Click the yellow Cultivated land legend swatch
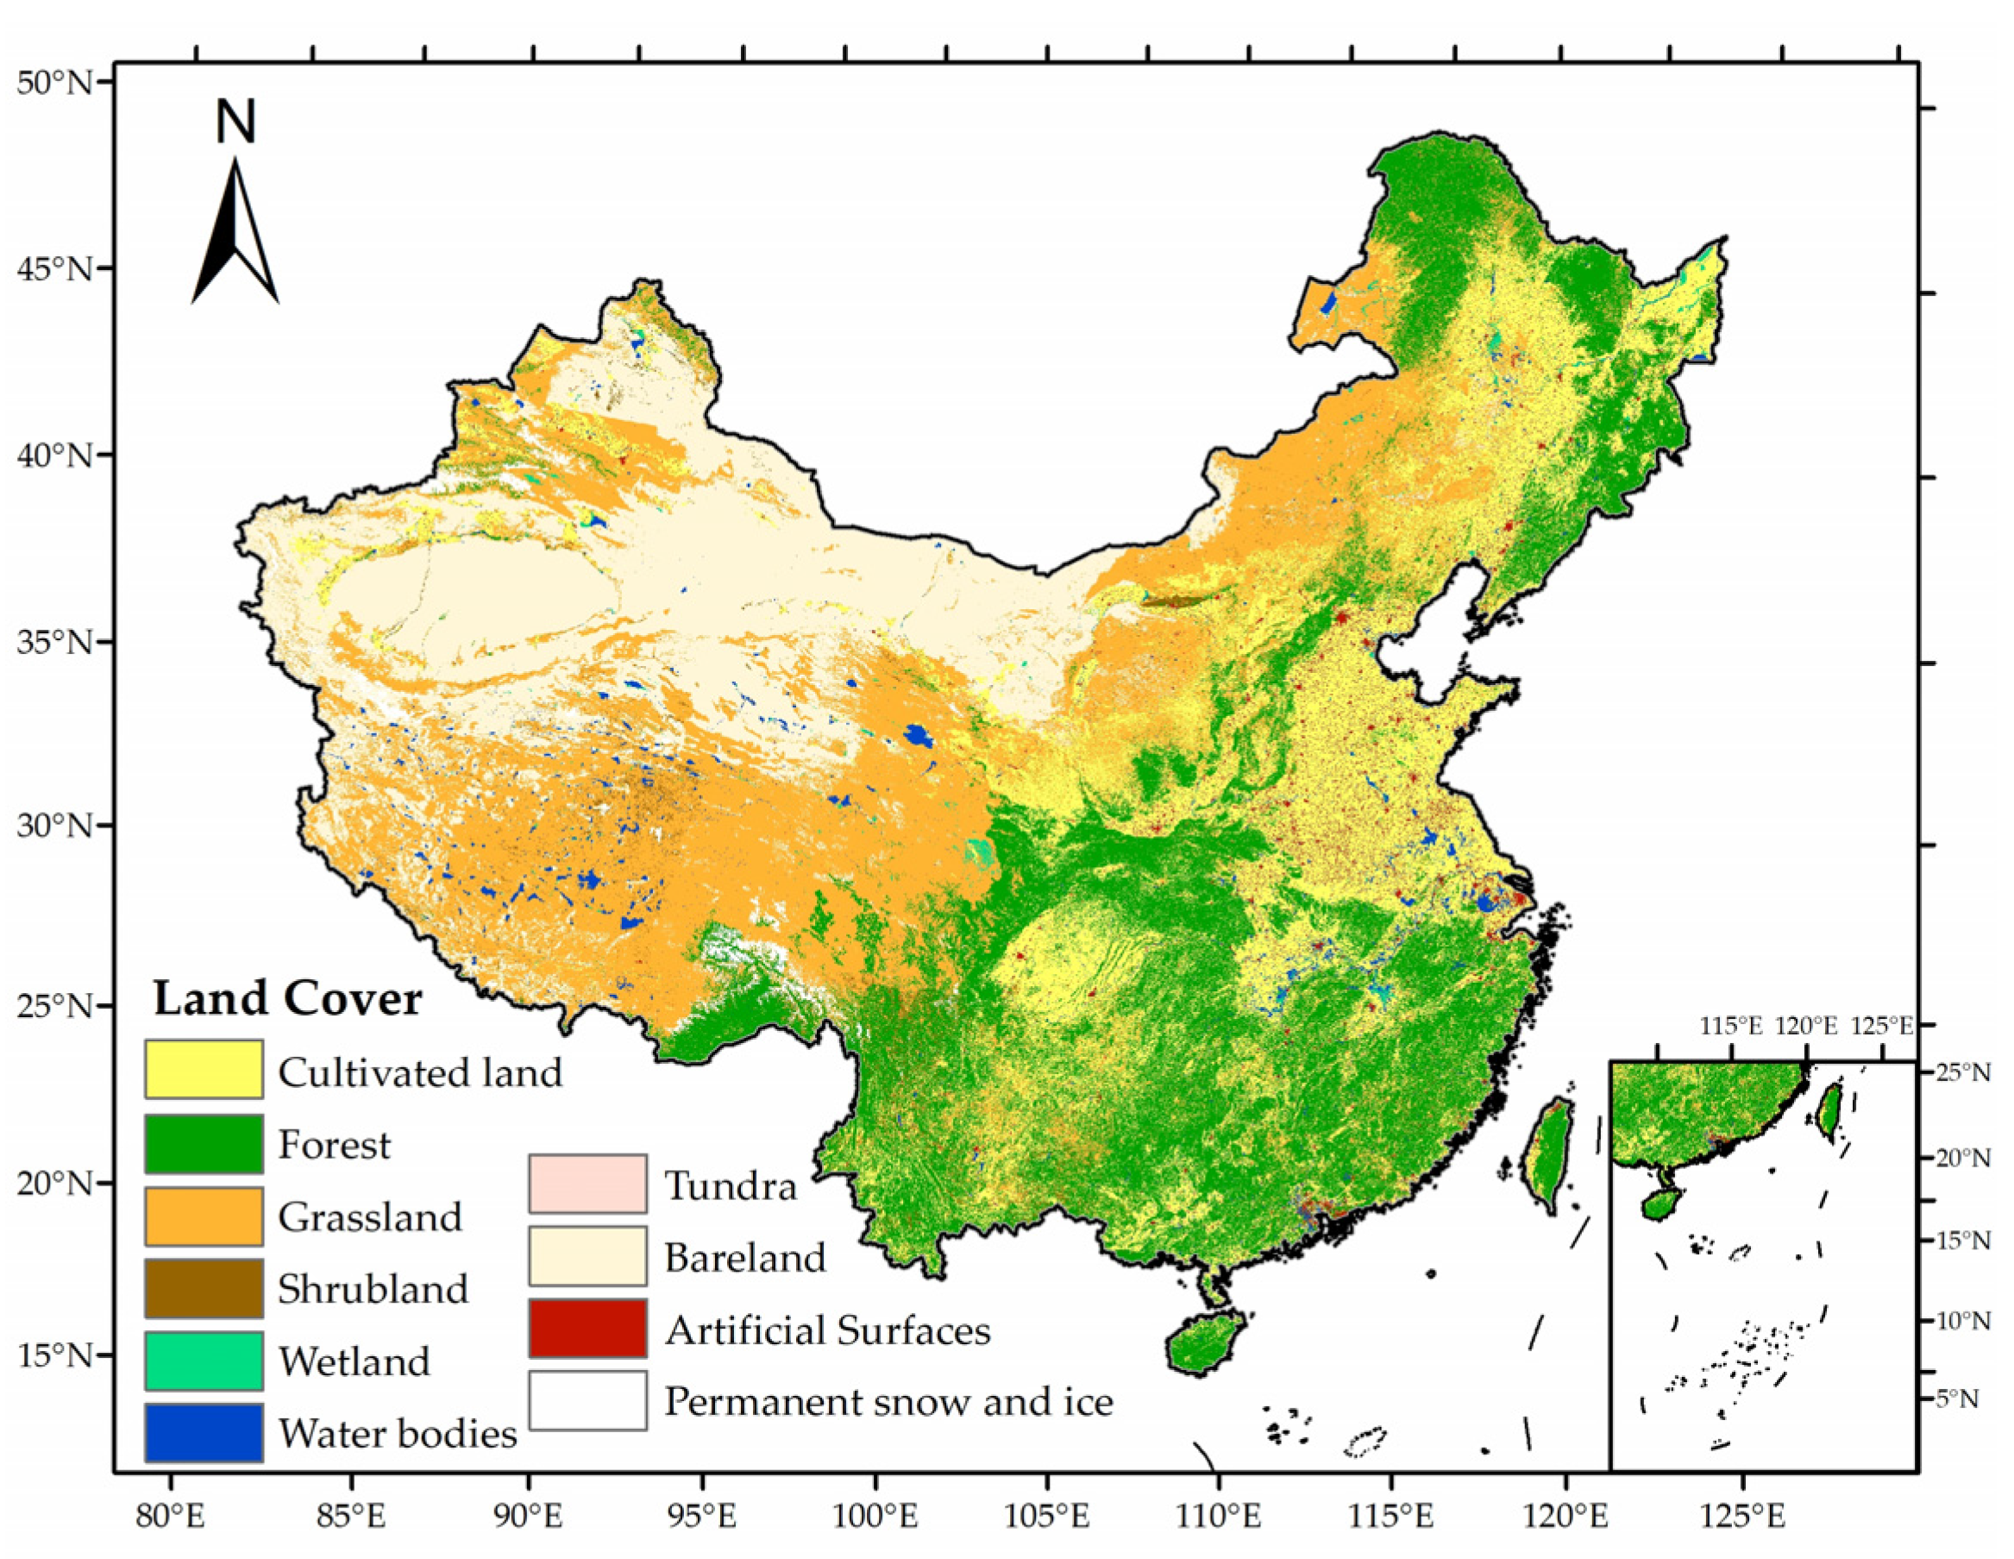203,1069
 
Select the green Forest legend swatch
203,1143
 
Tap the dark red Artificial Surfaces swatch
587,1329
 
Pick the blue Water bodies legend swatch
203,1433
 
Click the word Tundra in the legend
731,1185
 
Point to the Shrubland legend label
373,1289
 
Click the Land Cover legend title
287,998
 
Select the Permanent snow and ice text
888,1401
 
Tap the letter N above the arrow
235,122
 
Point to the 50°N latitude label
55,83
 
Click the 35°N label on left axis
55,641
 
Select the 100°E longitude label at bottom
875,1516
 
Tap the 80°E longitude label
172,1516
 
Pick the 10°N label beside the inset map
1962,1321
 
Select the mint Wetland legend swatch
203,1361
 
